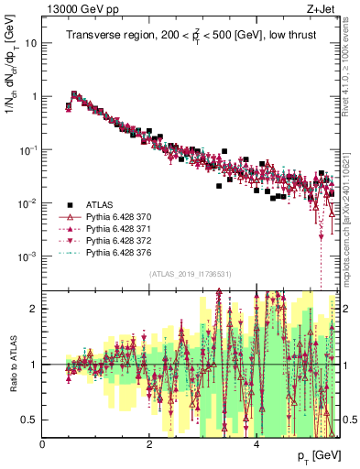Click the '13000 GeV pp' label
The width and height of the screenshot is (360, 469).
tap(74, 9)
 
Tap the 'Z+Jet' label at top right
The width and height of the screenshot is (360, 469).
tap(321, 9)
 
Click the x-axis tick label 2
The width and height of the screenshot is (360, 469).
tap(149, 444)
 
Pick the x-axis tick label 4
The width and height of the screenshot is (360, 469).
tap(256, 444)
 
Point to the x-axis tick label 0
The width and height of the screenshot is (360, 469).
tap(43, 444)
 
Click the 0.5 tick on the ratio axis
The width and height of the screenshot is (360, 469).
tap(31, 420)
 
